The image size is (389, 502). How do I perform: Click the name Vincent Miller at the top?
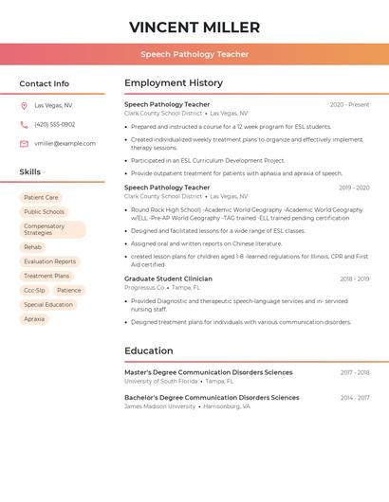pyautogui.click(x=194, y=27)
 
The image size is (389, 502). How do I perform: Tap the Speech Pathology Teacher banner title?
pyautogui.click(x=194, y=54)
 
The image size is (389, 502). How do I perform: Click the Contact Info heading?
pyautogui.click(x=45, y=83)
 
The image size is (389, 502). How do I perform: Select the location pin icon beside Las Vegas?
pyautogui.click(x=24, y=105)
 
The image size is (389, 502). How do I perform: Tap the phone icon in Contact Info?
pyautogui.click(x=24, y=124)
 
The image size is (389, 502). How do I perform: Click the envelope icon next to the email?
pyautogui.click(x=24, y=143)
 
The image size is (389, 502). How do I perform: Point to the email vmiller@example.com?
pyautogui.click(x=65, y=143)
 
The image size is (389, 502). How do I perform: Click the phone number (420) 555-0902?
pyautogui.click(x=54, y=124)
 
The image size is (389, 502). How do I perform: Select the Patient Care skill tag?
pyautogui.click(x=41, y=197)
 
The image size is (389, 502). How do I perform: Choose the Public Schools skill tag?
pyautogui.click(x=44, y=211)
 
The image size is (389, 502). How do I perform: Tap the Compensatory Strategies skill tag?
pyautogui.click(x=52, y=229)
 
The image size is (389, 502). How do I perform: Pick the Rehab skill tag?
pyautogui.click(x=32, y=246)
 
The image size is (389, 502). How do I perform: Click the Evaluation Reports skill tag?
pyautogui.click(x=49, y=261)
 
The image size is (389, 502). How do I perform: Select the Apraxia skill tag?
pyautogui.click(x=34, y=319)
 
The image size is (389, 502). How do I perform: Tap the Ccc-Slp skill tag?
pyautogui.click(x=34, y=290)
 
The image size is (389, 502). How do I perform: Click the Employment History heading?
pyautogui.click(x=174, y=83)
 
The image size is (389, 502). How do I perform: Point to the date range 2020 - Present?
pyautogui.click(x=349, y=104)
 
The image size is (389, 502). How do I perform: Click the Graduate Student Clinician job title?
pyautogui.click(x=168, y=278)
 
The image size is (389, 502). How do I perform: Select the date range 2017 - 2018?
pyautogui.click(x=355, y=372)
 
